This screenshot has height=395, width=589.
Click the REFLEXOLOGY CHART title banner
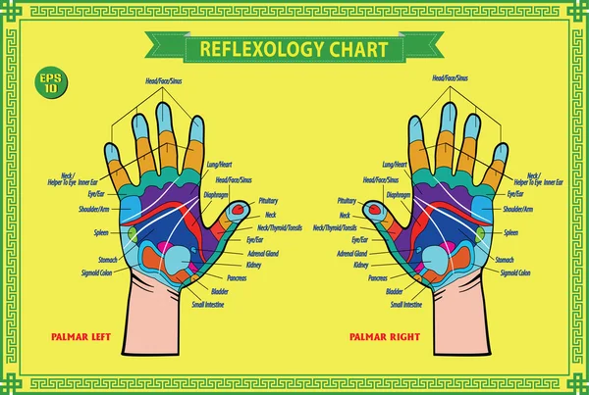(294, 48)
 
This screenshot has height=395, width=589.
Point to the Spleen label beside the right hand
(510, 233)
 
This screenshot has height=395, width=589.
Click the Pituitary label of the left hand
(269, 200)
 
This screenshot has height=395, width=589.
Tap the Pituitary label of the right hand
(346, 200)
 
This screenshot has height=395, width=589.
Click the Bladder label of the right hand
(394, 291)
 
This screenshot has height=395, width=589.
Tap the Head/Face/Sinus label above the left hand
(156, 76)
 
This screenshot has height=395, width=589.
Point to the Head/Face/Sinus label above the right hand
(451, 76)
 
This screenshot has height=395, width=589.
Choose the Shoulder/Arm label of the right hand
(518, 209)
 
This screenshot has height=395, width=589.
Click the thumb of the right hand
(374, 211)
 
